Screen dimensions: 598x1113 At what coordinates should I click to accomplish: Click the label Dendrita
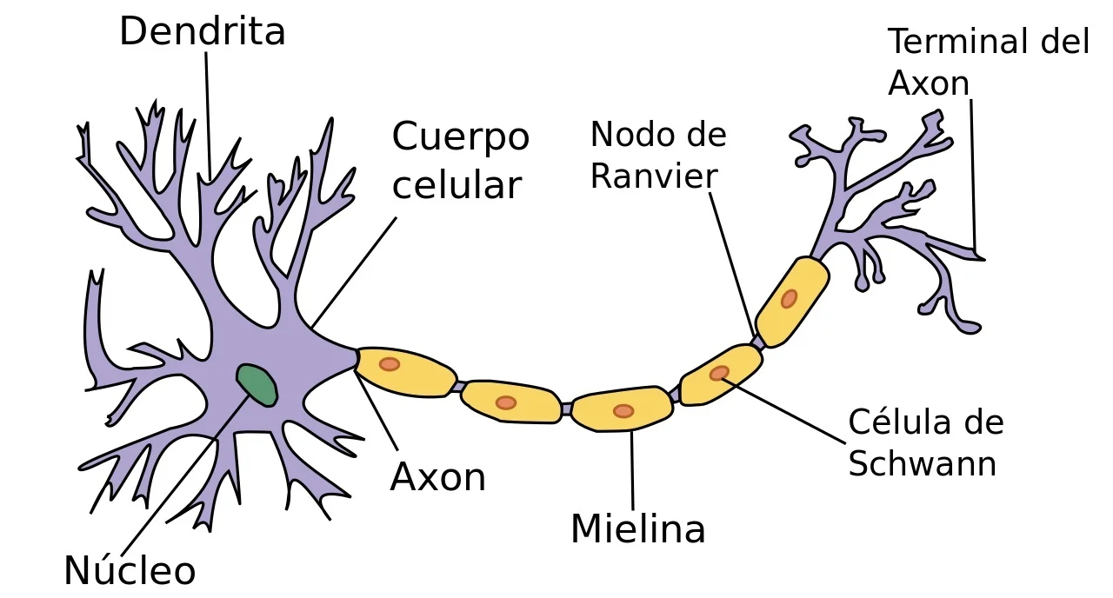(x=202, y=33)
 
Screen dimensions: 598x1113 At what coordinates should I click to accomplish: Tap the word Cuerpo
(x=460, y=137)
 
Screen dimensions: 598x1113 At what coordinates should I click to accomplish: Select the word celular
(x=457, y=185)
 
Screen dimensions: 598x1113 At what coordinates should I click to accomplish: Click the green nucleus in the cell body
(x=257, y=384)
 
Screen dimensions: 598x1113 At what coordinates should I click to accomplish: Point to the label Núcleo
(x=130, y=572)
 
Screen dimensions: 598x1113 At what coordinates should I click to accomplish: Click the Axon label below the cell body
(x=437, y=477)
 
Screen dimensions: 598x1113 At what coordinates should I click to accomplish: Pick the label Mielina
(x=637, y=529)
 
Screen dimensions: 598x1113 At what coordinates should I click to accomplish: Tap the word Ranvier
(x=654, y=176)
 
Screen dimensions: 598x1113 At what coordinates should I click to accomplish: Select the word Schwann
(x=922, y=464)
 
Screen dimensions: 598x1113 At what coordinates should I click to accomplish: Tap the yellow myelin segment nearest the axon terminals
(x=792, y=301)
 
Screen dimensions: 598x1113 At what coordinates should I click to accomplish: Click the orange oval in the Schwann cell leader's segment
(x=719, y=374)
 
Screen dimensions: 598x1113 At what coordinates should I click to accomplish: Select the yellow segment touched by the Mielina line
(x=622, y=410)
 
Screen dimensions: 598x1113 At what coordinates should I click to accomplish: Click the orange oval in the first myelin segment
(x=390, y=364)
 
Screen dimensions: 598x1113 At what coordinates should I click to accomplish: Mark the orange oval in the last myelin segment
(x=789, y=299)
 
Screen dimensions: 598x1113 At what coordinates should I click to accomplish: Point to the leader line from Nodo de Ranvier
(x=732, y=265)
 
